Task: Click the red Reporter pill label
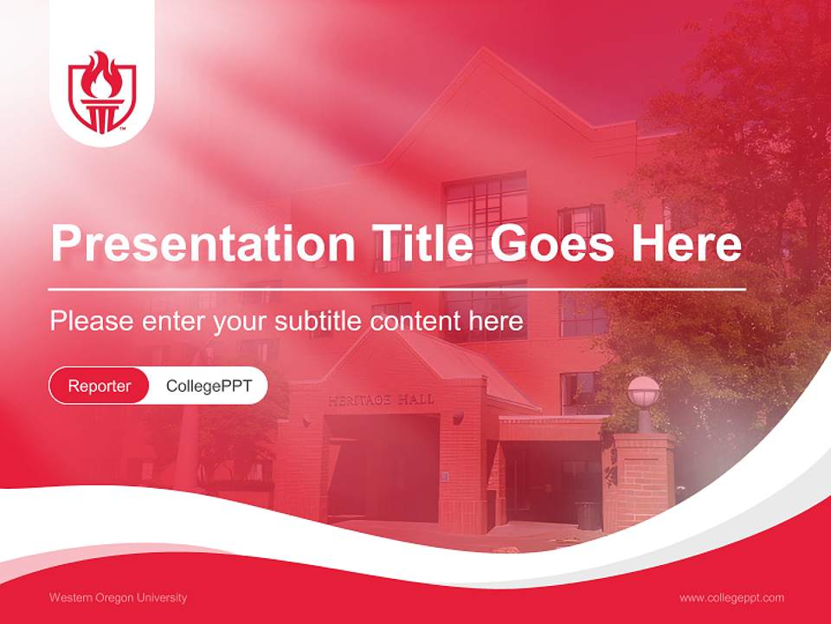(100, 386)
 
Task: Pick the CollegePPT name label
(209, 386)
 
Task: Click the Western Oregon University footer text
(118, 598)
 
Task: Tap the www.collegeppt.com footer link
(731, 598)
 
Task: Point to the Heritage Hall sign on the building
(381, 400)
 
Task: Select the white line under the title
(397, 289)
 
